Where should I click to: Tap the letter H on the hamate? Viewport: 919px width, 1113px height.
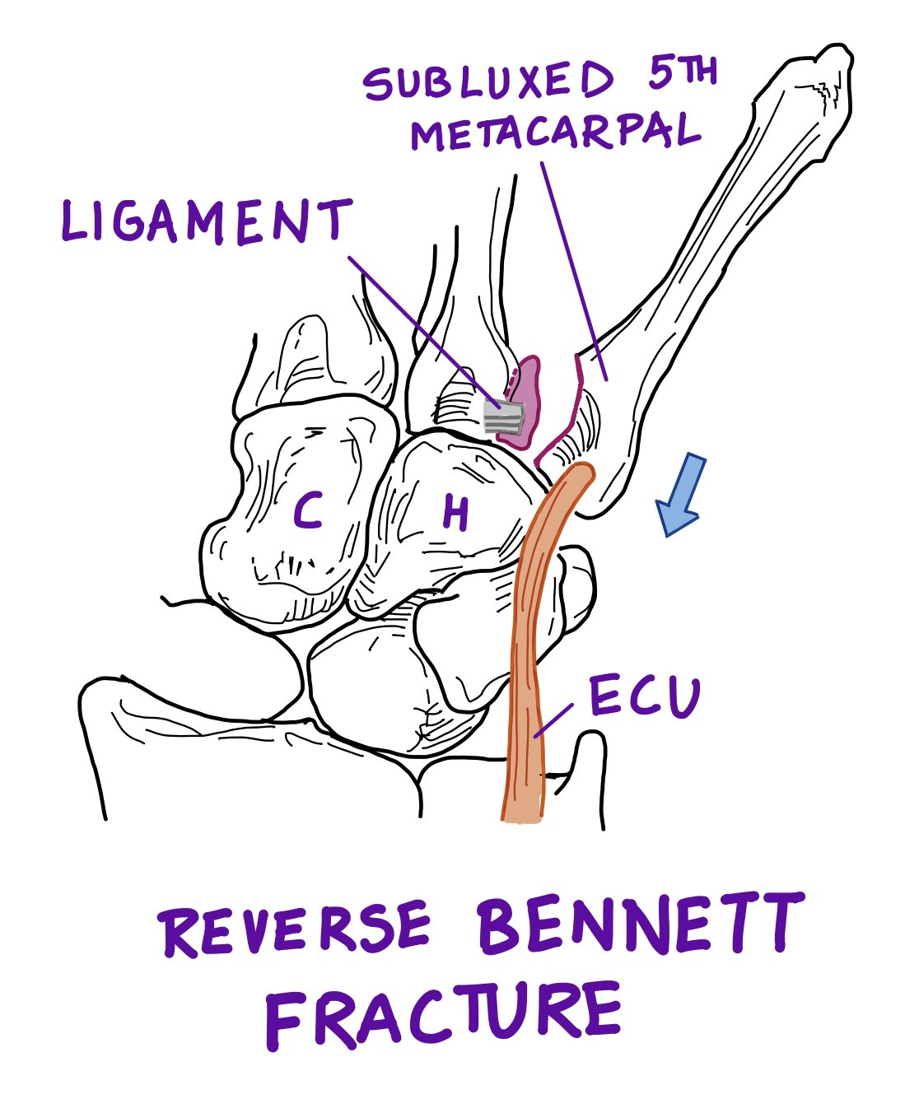point(455,515)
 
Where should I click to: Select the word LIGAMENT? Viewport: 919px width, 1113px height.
point(206,222)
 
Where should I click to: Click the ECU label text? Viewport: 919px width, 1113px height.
point(645,698)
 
